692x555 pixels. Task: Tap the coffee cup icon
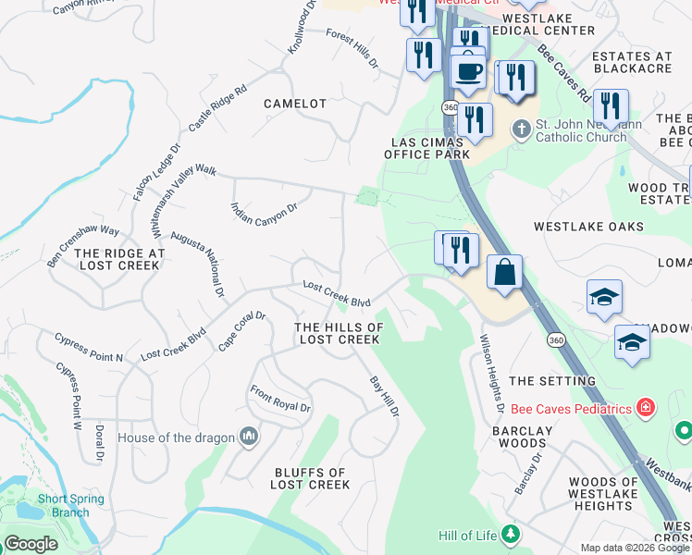click(468, 71)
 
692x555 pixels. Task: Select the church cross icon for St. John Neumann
click(522, 129)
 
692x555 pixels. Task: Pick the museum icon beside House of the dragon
click(248, 436)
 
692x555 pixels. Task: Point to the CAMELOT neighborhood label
click(295, 104)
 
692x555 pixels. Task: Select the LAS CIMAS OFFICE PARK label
click(427, 148)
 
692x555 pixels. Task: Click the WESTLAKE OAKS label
click(588, 227)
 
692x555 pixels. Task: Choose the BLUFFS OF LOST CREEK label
click(312, 478)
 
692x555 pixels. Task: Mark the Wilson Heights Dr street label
click(490, 373)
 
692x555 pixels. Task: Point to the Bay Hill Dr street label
click(384, 396)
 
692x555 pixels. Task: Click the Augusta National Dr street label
click(210, 265)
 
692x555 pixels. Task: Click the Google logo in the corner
click(31, 544)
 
